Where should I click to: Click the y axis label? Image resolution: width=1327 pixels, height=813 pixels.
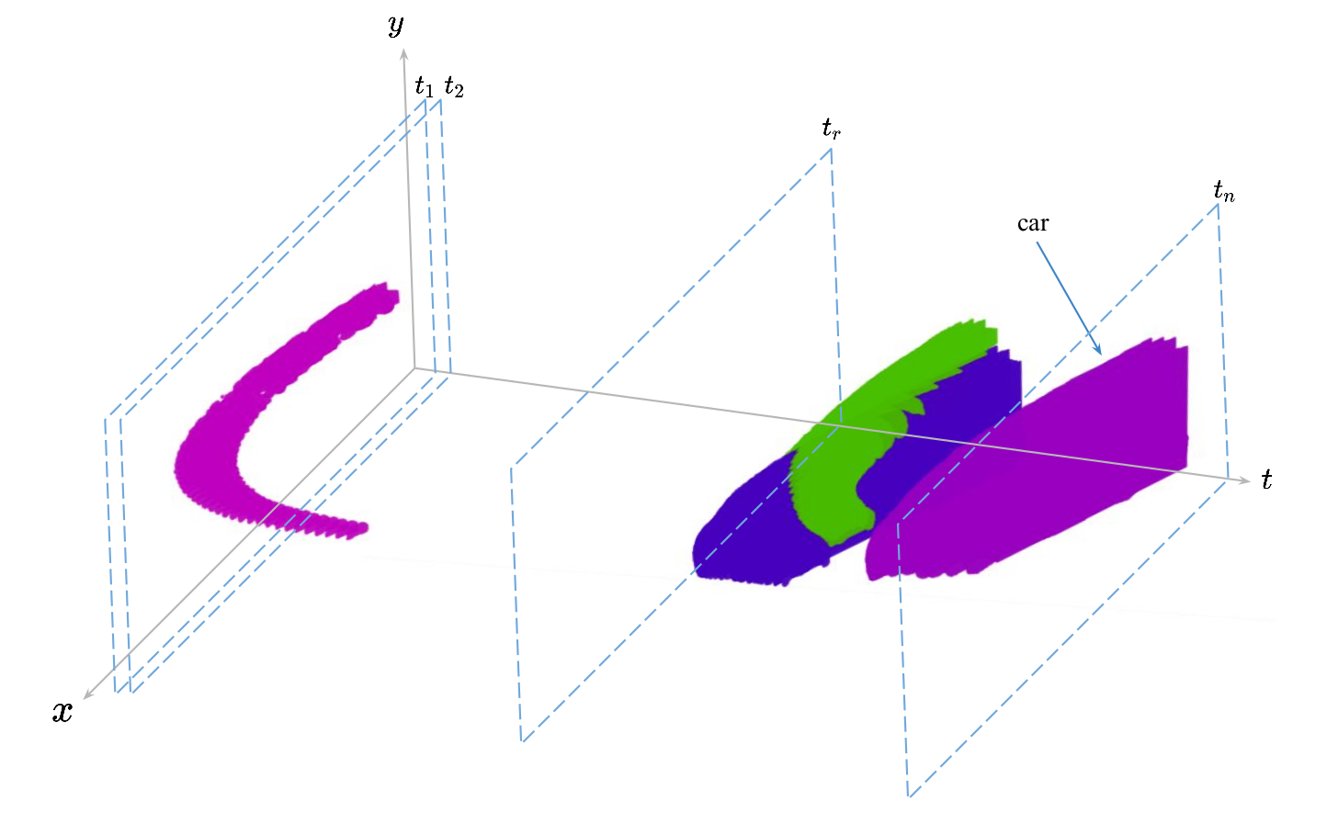396,25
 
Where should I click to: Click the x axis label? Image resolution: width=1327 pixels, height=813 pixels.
62,710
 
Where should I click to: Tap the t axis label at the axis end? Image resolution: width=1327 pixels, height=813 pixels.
1266,479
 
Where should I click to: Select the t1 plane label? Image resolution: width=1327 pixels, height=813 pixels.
424,86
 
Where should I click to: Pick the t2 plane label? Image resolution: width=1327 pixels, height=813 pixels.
454,86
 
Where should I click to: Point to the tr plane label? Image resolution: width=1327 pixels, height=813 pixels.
831,128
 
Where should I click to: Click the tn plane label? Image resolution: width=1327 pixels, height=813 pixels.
1224,191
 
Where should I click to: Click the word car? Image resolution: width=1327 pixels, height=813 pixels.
1033,223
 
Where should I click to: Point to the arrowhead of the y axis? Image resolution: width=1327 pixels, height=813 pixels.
404,54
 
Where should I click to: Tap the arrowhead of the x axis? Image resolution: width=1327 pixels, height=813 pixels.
87,694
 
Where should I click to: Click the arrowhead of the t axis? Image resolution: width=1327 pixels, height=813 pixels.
1245,480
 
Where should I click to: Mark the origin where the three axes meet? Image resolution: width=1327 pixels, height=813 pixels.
414,368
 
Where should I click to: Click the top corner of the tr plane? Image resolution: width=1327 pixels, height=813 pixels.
831,149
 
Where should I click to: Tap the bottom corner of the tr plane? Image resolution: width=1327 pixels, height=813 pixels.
522,741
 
